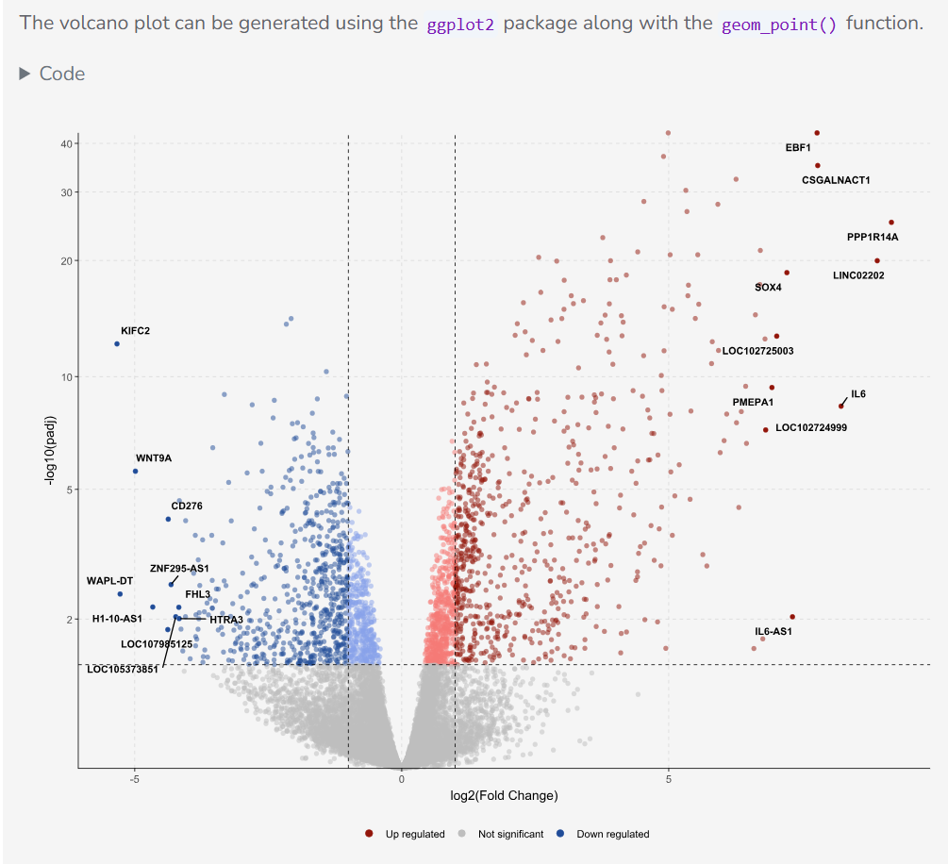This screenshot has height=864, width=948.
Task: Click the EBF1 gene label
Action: pos(798,148)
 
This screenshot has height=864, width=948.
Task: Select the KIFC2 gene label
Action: pos(135,331)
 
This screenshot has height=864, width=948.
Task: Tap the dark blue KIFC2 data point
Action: pos(117,344)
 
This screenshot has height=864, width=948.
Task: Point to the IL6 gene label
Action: pos(858,394)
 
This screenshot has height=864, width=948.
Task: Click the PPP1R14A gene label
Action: pos(873,237)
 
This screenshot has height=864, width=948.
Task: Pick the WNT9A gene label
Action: pos(154,458)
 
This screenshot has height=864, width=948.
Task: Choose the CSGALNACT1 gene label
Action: pos(836,180)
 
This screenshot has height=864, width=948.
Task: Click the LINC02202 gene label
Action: pos(858,275)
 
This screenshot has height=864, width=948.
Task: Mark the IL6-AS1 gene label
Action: pos(773,631)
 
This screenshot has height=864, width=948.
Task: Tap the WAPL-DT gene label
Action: pos(110,581)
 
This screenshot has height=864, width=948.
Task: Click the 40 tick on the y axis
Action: pos(67,144)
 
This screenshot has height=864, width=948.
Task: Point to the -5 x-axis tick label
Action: pos(134,779)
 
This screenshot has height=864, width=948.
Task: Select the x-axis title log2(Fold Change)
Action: pos(504,796)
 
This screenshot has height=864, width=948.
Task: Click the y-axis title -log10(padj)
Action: pos(50,450)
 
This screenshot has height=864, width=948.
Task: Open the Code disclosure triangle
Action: pos(25,74)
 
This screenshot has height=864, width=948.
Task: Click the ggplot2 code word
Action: pos(460,24)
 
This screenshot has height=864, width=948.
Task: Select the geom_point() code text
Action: pos(779,24)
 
